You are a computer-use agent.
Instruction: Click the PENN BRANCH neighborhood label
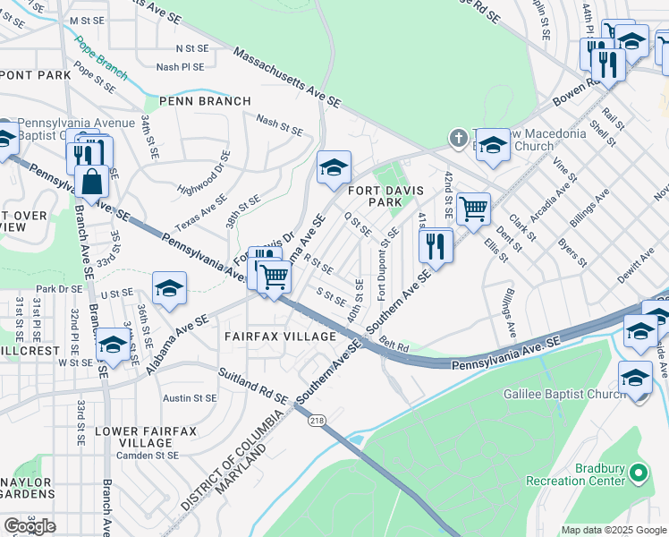pos(205,101)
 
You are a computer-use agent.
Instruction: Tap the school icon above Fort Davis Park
pos(334,167)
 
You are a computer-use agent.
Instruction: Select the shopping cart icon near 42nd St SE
pos(473,209)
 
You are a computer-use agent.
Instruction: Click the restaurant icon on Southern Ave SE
pos(436,245)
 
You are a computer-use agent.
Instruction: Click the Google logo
pos(30,526)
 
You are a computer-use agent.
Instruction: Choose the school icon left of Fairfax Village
pos(169,288)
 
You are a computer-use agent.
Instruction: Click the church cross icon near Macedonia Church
pos(459,138)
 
